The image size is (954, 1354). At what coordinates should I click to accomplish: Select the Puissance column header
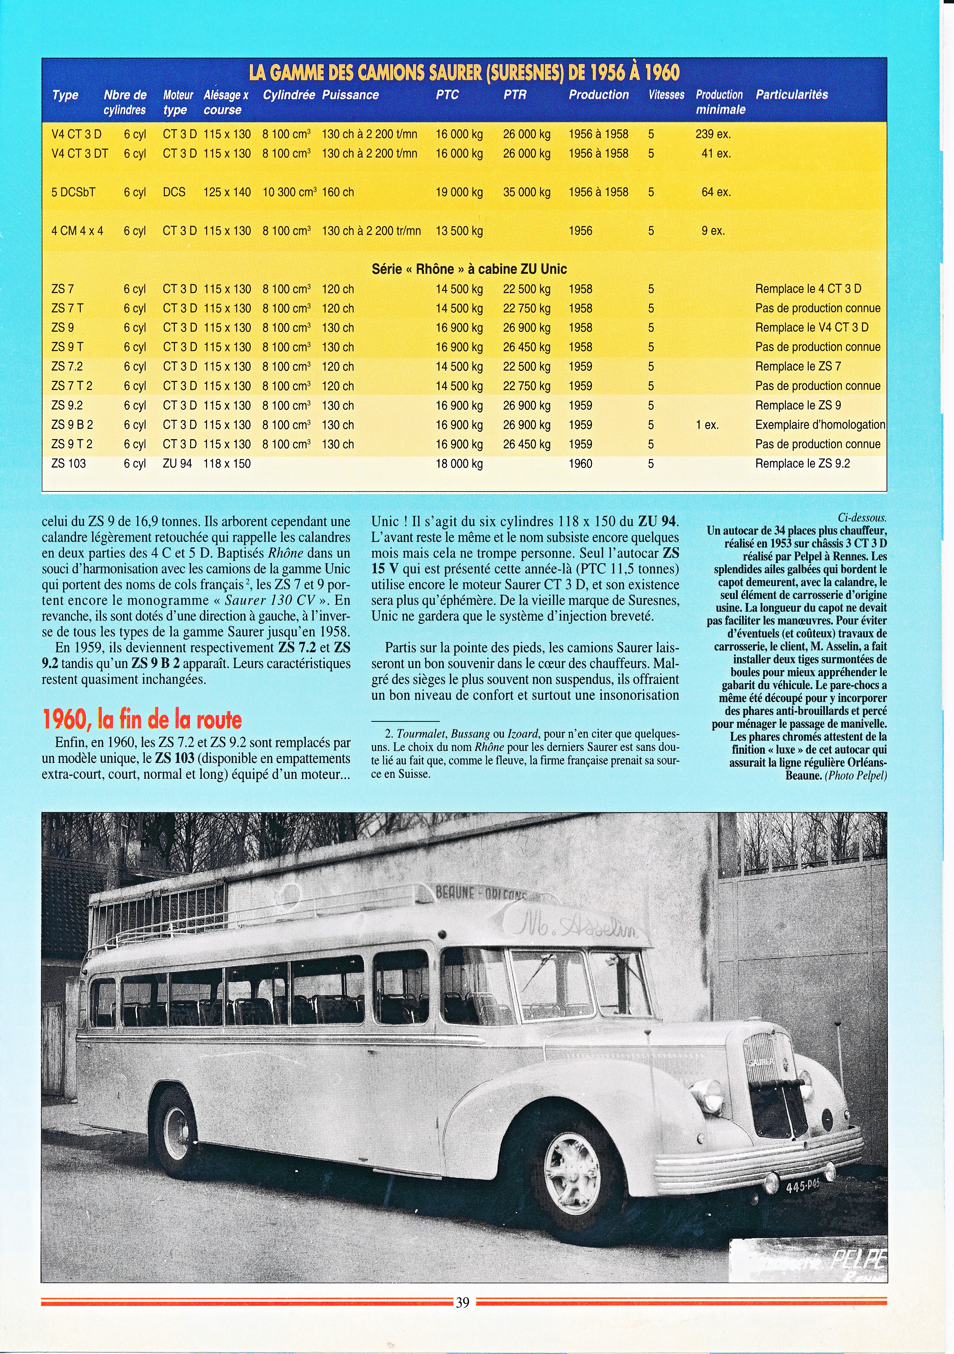[x=350, y=95]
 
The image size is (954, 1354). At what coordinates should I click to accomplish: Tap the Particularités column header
[x=792, y=95]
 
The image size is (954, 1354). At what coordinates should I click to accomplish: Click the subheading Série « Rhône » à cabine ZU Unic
[x=469, y=270]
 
